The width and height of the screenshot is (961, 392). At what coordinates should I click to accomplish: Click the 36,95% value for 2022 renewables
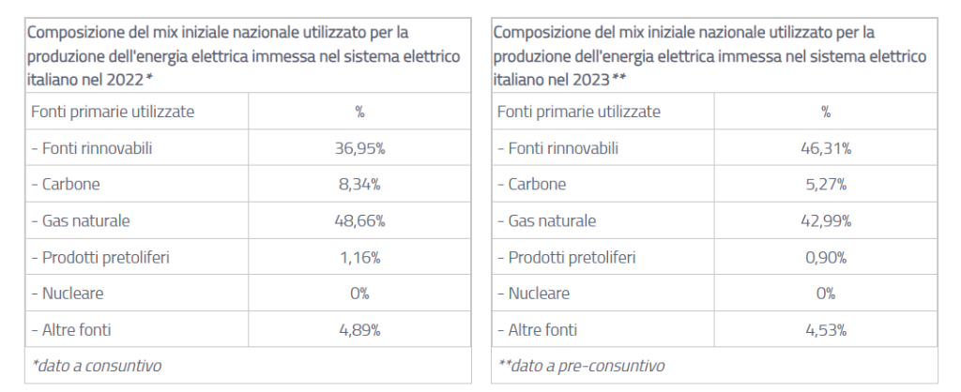tap(359, 148)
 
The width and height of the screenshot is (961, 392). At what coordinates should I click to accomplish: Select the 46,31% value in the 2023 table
tap(826, 148)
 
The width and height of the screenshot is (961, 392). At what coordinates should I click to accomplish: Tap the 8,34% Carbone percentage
tap(359, 185)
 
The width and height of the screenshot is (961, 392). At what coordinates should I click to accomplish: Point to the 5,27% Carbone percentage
tap(826, 185)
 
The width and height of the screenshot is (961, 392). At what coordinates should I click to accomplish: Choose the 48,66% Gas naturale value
tap(359, 221)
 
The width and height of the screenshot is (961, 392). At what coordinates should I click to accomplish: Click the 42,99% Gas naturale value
tap(826, 221)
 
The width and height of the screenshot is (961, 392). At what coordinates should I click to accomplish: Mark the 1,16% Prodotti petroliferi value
tap(359, 257)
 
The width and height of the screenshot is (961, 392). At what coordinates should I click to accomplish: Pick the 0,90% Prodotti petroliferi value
tap(826, 257)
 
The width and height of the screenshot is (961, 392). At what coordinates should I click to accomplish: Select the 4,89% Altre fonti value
tap(359, 330)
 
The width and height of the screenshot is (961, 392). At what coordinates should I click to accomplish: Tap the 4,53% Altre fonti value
tap(826, 330)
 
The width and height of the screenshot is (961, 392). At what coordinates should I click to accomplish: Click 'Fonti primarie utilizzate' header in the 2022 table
tap(113, 112)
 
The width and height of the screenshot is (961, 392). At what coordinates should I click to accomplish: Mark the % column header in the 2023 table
tap(826, 112)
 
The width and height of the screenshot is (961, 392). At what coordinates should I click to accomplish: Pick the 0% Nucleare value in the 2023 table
tap(826, 294)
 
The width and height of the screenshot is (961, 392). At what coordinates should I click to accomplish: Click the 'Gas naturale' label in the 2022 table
tap(81, 221)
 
